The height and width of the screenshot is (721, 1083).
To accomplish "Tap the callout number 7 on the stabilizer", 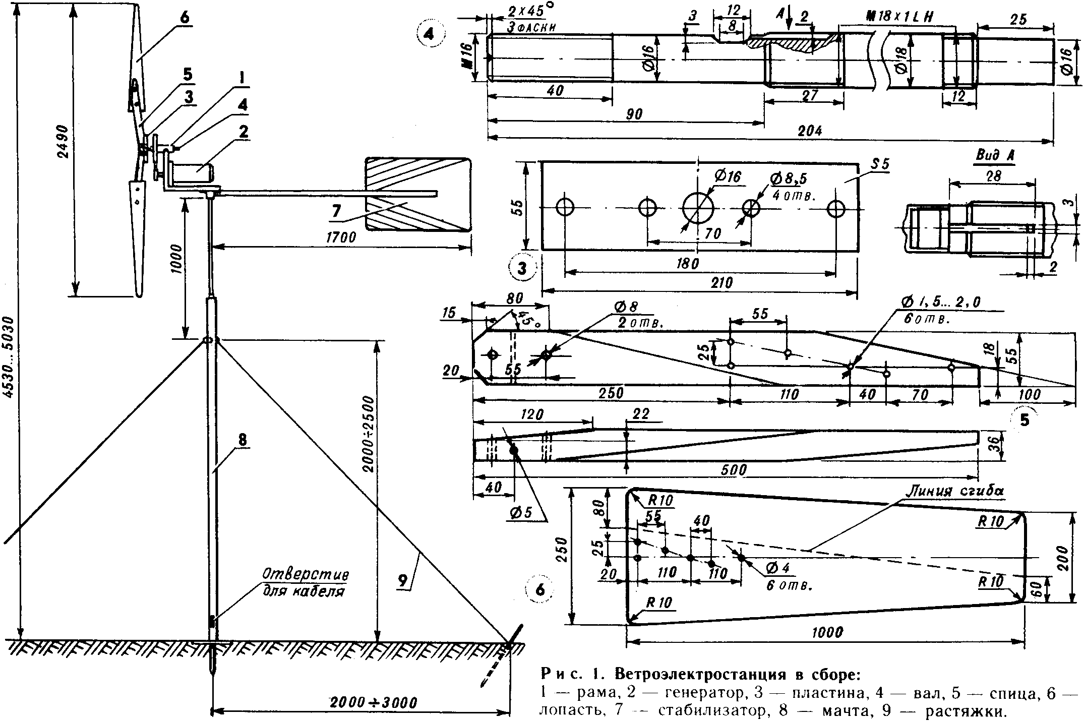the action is [336, 212].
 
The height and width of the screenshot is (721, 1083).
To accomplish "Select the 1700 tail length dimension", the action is [341, 237].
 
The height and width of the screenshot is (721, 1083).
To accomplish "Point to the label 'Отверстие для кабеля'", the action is [305, 583].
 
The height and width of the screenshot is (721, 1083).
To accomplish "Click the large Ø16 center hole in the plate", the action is [699, 208].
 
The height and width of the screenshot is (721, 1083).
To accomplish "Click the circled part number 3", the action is [522, 268].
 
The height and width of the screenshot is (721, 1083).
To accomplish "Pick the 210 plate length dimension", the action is [721, 283].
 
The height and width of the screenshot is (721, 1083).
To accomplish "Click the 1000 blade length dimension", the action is [827, 632].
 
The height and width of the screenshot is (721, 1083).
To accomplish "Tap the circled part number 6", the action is [539, 590].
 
